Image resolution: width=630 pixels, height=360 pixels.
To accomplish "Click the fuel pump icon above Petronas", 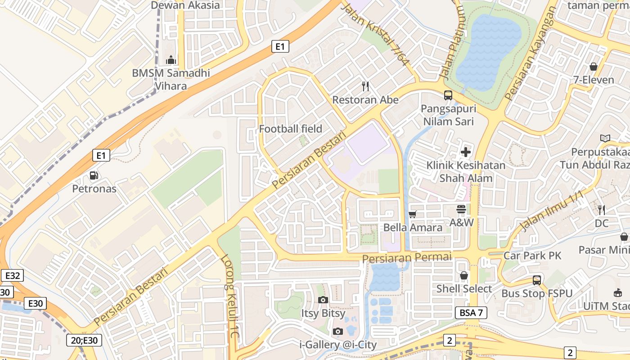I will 94,175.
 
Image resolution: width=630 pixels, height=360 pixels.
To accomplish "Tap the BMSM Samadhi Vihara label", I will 171,79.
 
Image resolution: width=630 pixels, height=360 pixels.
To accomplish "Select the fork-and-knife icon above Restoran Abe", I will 365,85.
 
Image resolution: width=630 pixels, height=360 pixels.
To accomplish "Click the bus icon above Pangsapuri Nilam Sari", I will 448,95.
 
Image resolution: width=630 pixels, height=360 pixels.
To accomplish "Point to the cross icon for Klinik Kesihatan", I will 466,152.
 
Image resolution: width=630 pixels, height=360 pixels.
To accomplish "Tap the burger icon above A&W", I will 461,209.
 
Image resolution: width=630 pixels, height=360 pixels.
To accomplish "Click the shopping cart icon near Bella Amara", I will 413,214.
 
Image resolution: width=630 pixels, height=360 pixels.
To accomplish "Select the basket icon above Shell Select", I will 464,275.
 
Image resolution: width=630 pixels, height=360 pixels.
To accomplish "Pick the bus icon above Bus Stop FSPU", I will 537,280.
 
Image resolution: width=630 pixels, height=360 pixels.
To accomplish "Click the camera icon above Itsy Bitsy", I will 323,300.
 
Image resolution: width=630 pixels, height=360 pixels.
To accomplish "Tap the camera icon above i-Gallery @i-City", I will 338,332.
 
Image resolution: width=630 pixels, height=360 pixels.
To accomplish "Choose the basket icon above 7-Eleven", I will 594,67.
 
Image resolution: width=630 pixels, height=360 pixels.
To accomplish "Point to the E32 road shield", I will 12,276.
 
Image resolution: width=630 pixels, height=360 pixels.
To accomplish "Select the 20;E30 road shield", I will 84,340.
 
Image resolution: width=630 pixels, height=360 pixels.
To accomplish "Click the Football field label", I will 291,129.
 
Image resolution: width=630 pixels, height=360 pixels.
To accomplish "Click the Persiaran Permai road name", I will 407,258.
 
